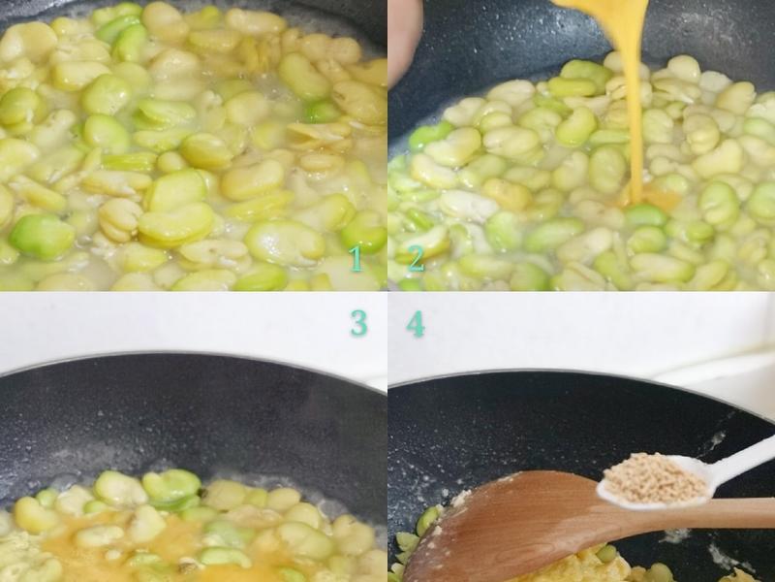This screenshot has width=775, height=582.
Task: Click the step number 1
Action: tap(356, 258)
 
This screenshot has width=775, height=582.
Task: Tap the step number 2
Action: tap(416, 258)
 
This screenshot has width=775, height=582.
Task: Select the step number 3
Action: tap(358, 323)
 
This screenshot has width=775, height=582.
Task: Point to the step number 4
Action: tap(416, 323)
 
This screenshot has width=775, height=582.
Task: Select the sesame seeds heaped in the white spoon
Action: tap(653, 478)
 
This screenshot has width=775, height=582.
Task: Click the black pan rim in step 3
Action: tap(194, 356)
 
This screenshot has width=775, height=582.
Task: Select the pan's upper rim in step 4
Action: tap(581, 374)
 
